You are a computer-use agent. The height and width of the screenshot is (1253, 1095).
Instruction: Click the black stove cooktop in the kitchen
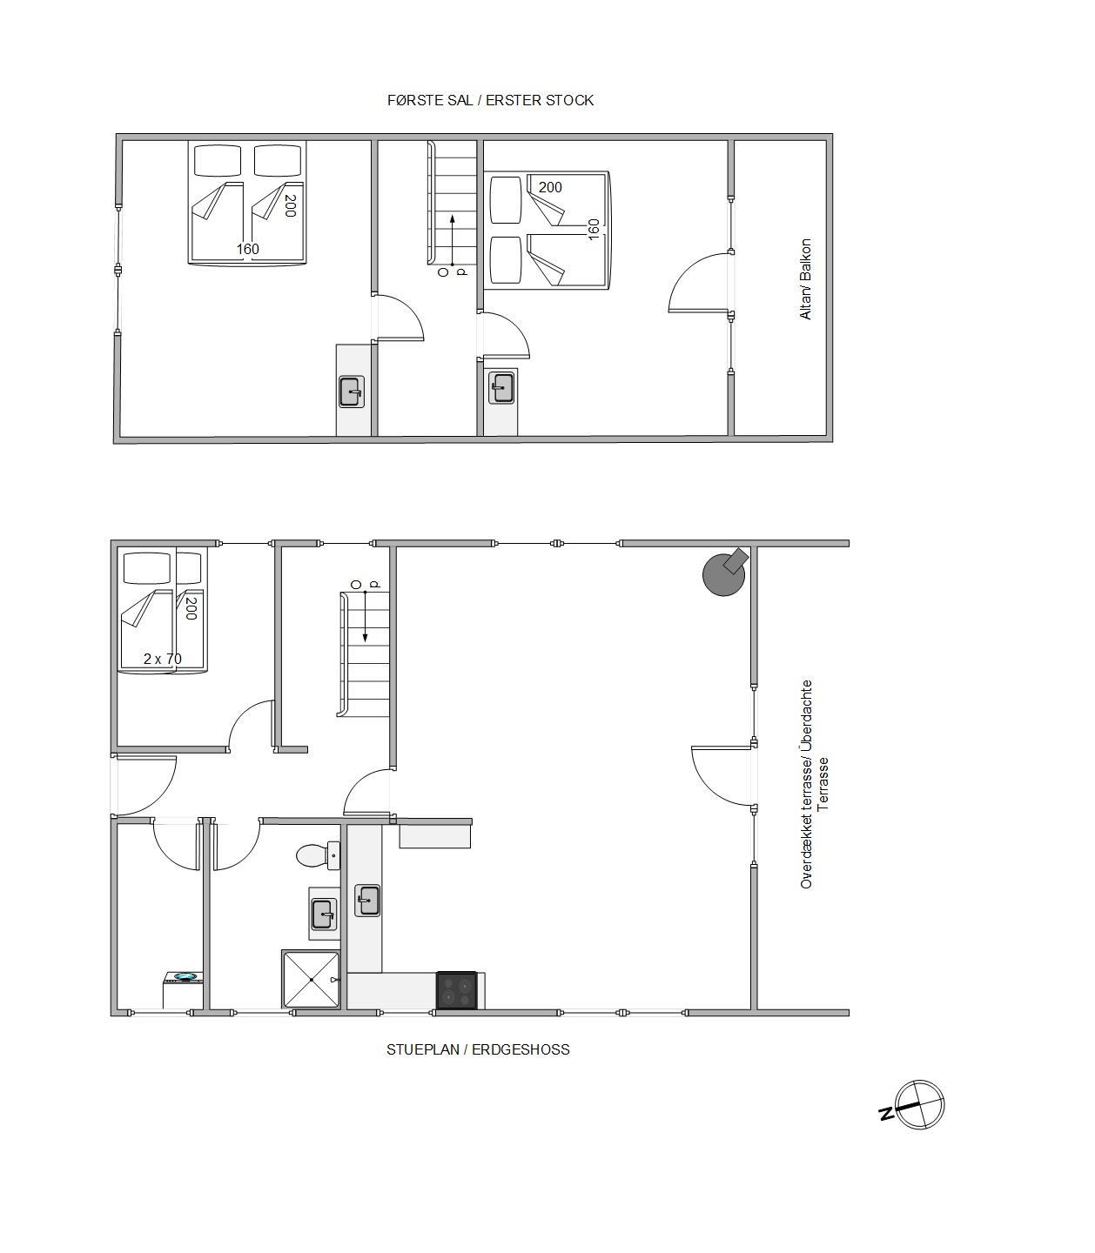[456, 990]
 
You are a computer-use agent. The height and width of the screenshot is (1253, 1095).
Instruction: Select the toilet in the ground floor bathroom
[317, 855]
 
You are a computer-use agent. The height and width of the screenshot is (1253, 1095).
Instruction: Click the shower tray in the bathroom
[311, 979]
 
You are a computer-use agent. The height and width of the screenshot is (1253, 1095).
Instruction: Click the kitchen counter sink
[367, 901]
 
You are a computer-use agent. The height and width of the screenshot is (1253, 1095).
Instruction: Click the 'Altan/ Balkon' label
[805, 279]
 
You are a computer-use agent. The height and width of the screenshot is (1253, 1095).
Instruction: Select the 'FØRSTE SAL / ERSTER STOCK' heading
[491, 100]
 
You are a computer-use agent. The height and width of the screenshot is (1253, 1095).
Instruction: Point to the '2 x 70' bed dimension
[162, 659]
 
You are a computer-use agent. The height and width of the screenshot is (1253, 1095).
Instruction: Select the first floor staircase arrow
[452, 240]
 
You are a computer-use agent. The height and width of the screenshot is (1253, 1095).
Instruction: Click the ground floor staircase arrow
[366, 616]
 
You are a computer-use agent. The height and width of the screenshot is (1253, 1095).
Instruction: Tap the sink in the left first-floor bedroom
[352, 392]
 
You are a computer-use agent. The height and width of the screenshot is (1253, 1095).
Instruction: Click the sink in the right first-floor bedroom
[501, 388]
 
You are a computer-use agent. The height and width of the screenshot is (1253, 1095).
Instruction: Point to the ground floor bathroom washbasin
[323, 915]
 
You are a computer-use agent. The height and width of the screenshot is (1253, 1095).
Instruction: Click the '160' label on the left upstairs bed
[248, 249]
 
